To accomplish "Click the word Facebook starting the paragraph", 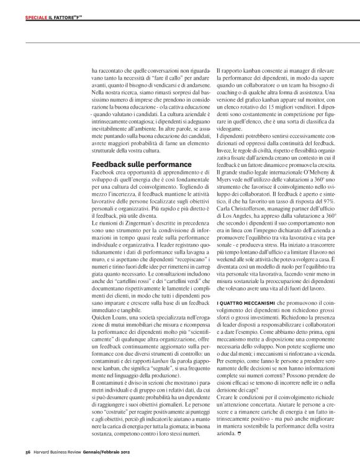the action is [103, 172].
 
